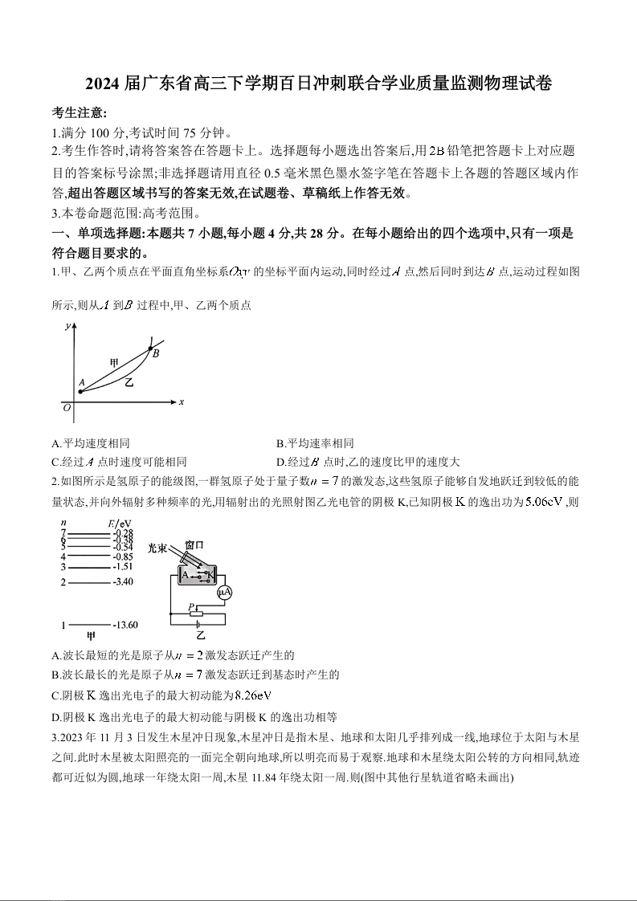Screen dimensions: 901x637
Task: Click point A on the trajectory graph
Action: [80, 391]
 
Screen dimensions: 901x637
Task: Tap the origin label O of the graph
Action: [67, 407]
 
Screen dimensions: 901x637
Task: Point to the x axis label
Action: [182, 402]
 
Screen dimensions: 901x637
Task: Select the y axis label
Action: [68, 325]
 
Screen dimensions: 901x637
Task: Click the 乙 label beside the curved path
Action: [129, 383]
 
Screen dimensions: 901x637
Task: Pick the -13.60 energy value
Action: [125, 624]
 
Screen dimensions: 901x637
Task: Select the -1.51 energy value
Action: [123, 566]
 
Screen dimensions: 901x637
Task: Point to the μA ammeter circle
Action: [226, 593]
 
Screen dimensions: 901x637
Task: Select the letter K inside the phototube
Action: [210, 574]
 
